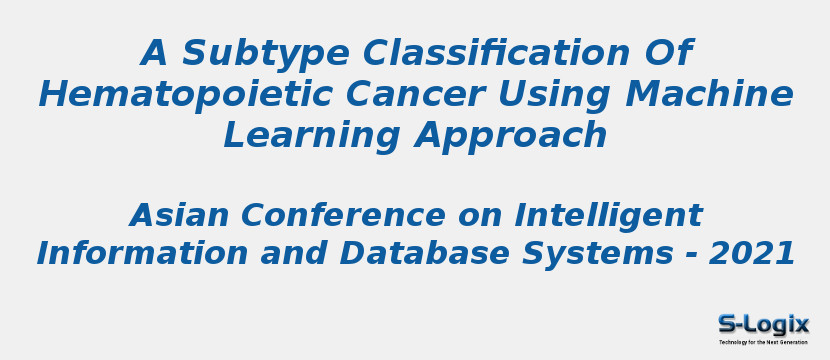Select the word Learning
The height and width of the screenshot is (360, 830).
311,136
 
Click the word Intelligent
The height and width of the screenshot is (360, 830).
608,215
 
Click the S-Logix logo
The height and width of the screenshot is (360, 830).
763,324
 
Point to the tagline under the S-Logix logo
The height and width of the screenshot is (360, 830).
763,342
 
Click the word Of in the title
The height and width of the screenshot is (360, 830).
666,53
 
